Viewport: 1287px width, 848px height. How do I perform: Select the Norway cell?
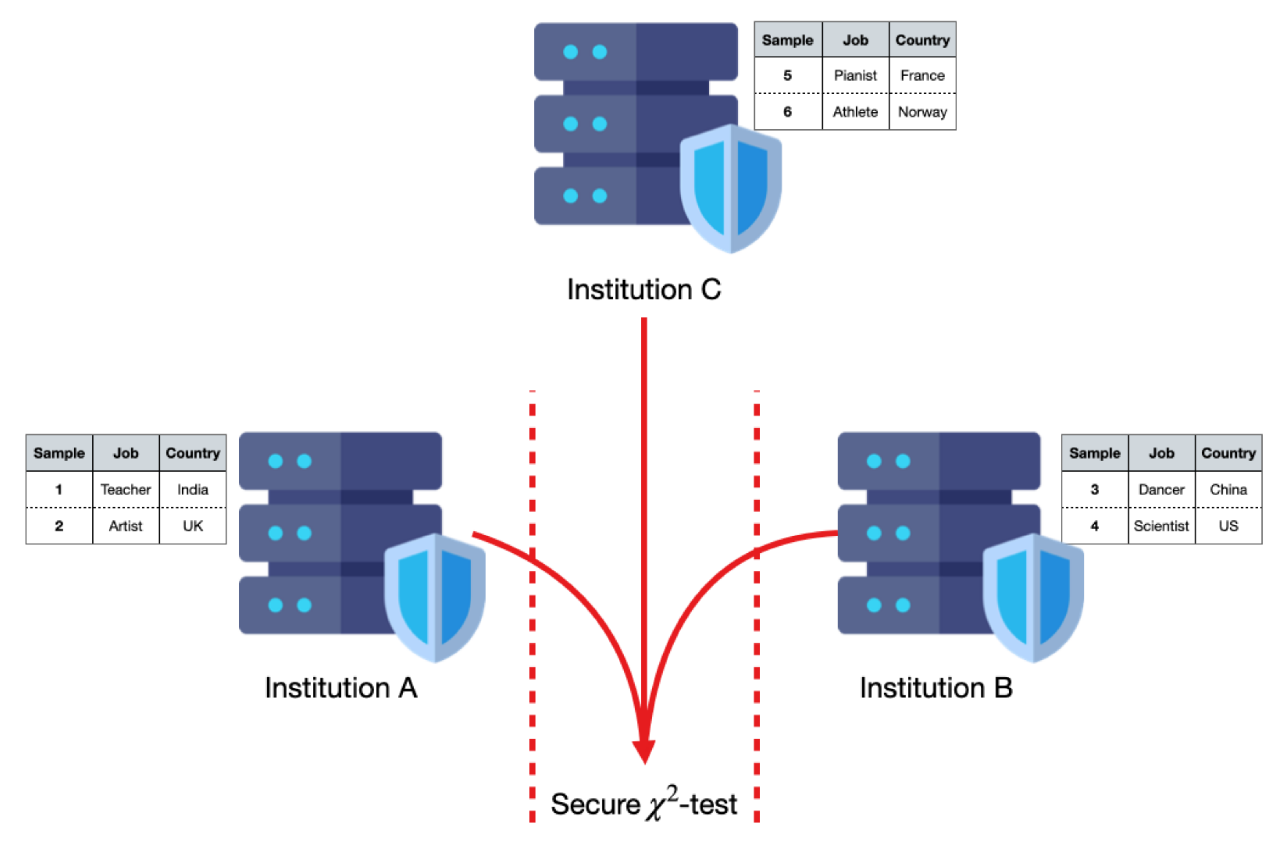pyautogui.click(x=922, y=112)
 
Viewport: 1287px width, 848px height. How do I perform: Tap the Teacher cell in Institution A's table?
pyautogui.click(x=125, y=489)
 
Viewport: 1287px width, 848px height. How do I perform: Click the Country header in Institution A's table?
pyautogui.click(x=193, y=453)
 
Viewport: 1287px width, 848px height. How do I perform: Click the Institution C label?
pyautogui.click(x=643, y=289)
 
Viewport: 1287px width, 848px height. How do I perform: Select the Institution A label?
pyautogui.click(x=341, y=688)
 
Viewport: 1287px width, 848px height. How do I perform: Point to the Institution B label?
pyautogui.click(x=935, y=688)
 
